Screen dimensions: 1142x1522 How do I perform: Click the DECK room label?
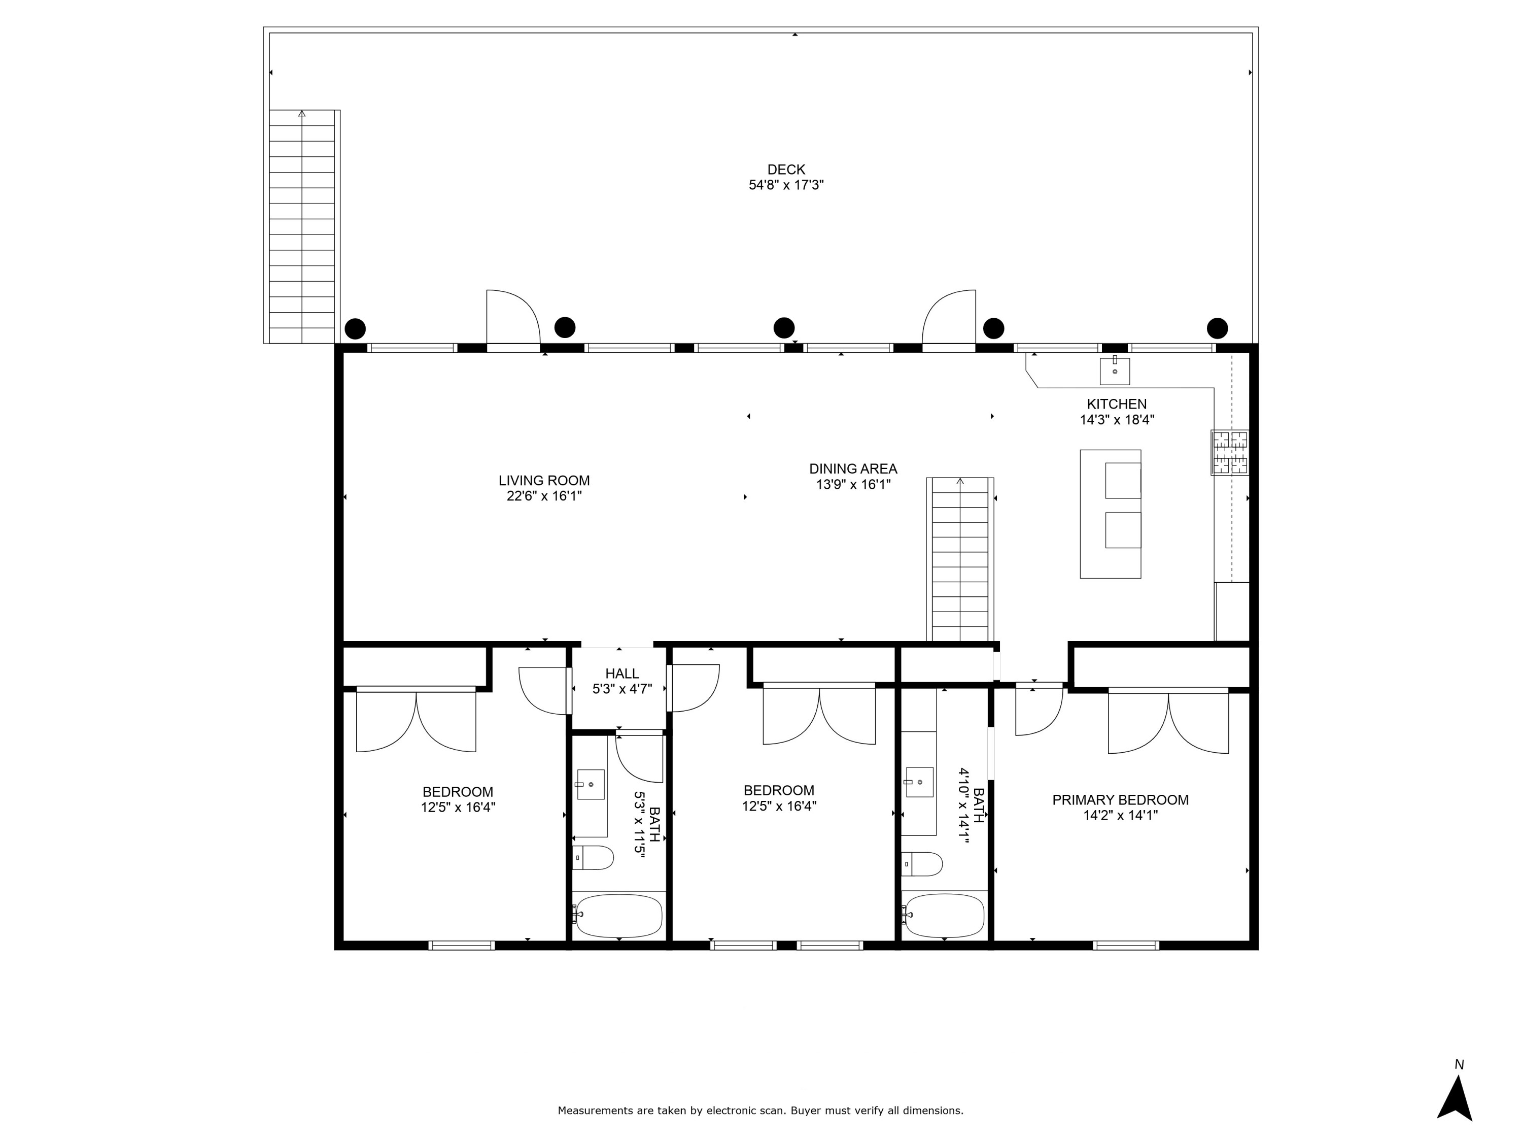(x=786, y=170)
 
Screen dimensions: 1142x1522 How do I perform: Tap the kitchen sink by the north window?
(x=1114, y=371)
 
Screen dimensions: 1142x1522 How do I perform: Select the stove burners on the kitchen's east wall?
(x=1230, y=452)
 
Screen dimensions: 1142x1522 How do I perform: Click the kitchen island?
(x=1110, y=514)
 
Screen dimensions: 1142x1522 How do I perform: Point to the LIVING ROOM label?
(x=543, y=481)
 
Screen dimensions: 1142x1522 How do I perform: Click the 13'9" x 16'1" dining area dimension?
(x=853, y=485)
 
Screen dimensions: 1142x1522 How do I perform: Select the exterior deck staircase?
(x=301, y=227)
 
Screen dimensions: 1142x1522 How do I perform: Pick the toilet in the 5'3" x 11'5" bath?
(x=593, y=858)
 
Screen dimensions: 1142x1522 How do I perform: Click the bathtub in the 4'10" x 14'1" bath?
(x=944, y=916)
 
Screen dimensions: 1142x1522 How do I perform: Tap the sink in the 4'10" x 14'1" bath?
(x=919, y=782)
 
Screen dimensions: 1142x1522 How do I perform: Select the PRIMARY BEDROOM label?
(x=1120, y=800)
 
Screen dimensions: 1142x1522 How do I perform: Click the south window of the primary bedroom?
(x=1126, y=945)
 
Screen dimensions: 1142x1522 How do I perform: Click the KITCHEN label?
(x=1116, y=404)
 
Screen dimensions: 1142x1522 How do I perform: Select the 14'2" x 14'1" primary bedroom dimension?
(x=1120, y=816)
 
